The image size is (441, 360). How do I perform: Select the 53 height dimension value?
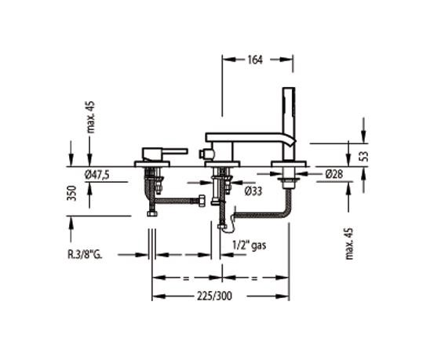pyautogui.click(x=363, y=155)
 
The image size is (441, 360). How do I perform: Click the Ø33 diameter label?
pyautogui.click(x=253, y=191)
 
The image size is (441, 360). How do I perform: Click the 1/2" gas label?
pyautogui.click(x=250, y=245)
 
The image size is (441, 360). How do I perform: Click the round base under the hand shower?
pyautogui.click(x=286, y=165)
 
